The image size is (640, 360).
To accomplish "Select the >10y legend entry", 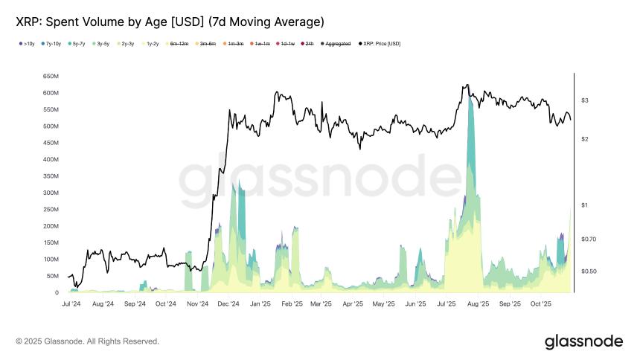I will coord(27,44).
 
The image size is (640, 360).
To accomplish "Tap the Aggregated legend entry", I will coord(337,44).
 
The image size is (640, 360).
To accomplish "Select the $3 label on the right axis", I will coord(585,100).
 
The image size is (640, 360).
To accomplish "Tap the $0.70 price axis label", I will coord(589,239).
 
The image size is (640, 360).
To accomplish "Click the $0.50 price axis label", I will coord(589,271).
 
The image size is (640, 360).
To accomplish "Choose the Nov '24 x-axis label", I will coord(197,304).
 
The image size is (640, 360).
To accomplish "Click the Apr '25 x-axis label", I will coord(351,304).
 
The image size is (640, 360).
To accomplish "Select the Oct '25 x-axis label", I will coord(541,304).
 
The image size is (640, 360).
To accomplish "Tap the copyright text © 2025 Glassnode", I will coord(87,341).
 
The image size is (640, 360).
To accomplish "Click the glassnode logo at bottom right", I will coord(583,341).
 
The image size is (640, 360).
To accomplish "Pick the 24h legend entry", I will coord(309,44).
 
